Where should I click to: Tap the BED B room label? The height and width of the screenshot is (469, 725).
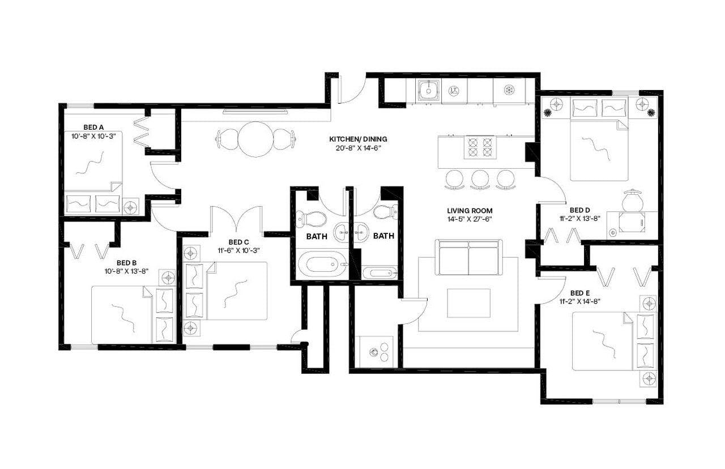click(x=127, y=263)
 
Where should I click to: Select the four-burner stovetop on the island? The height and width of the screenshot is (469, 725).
click(x=480, y=147)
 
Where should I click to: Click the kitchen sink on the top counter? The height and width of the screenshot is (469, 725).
click(x=429, y=89)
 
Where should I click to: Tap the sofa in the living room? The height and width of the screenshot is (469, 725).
click(x=468, y=257)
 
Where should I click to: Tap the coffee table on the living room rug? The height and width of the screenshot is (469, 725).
click(x=468, y=303)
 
